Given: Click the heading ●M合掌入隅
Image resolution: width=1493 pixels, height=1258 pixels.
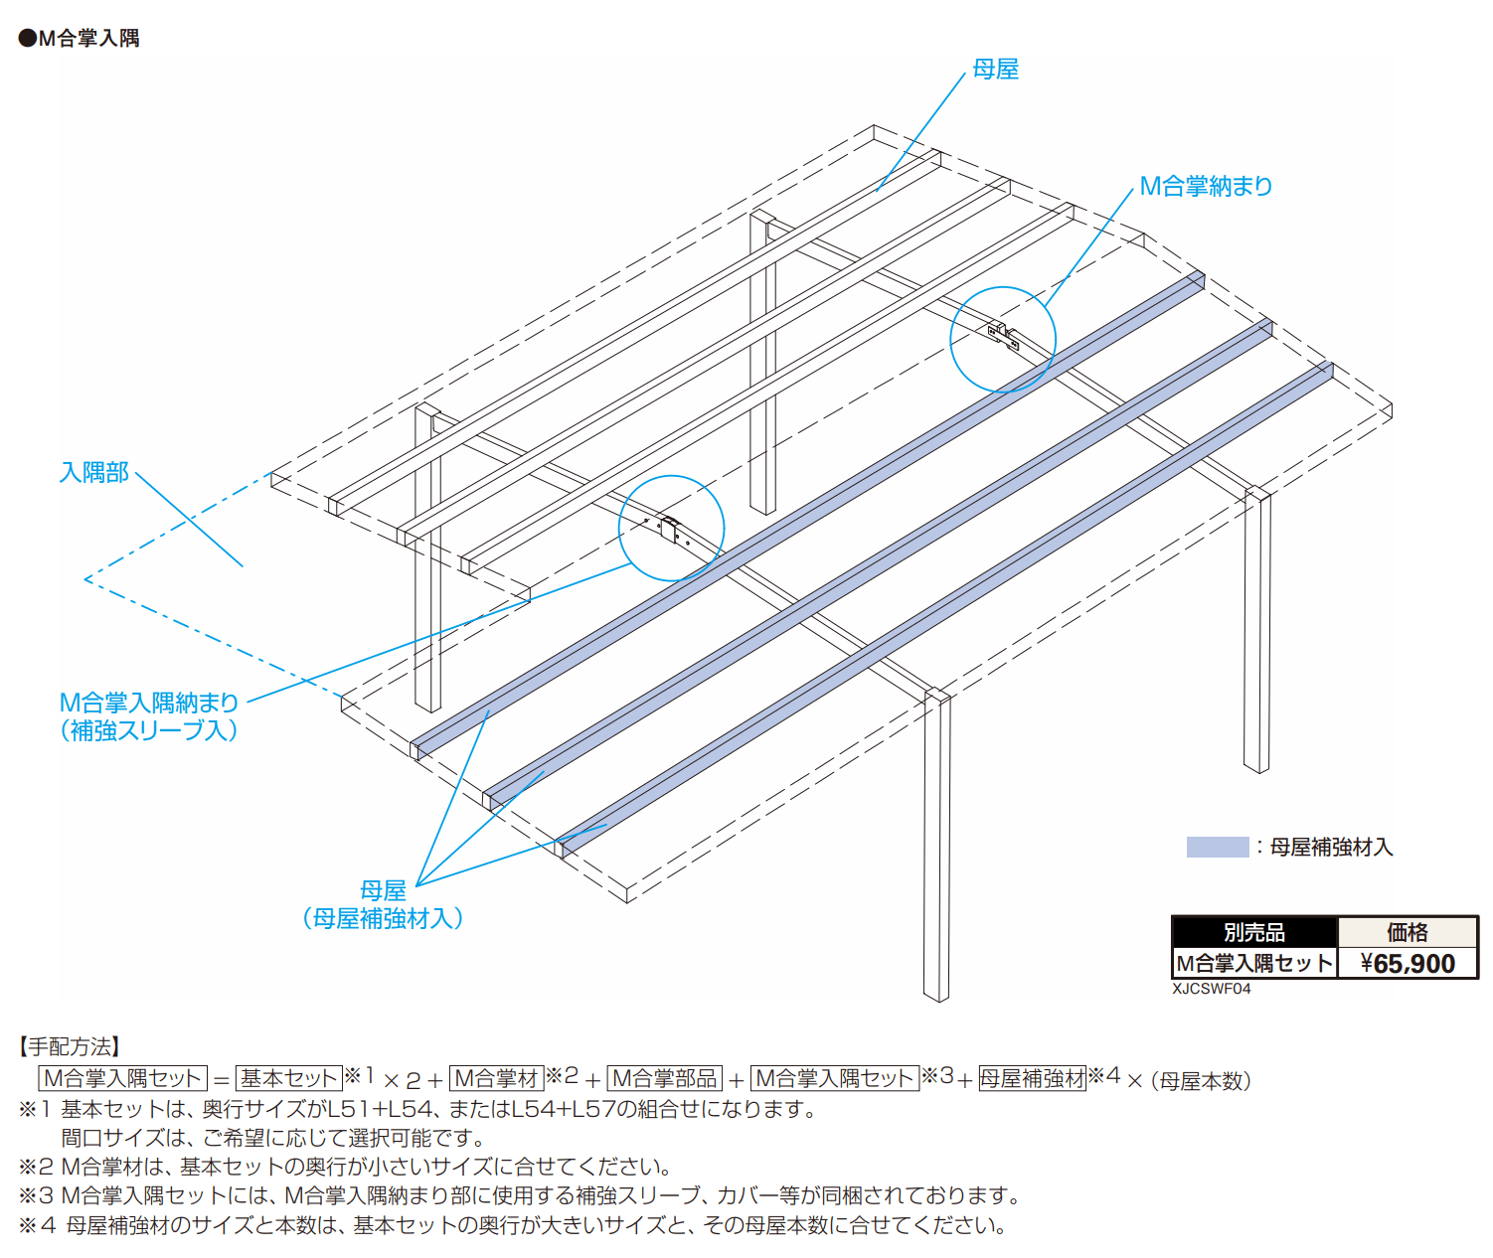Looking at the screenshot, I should tap(80, 38).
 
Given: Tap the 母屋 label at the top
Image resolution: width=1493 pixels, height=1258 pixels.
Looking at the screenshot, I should tap(995, 69).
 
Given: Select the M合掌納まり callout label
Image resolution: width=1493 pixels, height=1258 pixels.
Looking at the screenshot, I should tap(1205, 186).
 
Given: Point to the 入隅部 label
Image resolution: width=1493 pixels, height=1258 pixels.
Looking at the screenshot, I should tap(94, 472).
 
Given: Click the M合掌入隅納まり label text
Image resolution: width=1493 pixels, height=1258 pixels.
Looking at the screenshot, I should tap(149, 703).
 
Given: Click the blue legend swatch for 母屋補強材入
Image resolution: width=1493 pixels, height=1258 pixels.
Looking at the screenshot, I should tap(1217, 847).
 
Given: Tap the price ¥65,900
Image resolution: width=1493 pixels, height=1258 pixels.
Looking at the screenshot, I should tap(1407, 963).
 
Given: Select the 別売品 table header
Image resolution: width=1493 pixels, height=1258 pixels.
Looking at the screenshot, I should tap(1253, 932).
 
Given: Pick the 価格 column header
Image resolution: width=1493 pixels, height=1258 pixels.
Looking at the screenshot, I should tap(1407, 932).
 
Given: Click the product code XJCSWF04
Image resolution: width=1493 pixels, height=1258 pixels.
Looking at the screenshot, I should tap(1211, 989).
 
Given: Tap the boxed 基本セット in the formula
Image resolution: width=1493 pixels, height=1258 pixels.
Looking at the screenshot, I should tap(288, 1078).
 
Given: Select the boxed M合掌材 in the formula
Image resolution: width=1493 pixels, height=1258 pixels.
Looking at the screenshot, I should tap(496, 1078).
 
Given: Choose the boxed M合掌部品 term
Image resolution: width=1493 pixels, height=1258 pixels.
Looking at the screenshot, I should tap(664, 1078).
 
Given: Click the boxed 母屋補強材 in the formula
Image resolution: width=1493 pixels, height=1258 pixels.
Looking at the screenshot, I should tap(1032, 1078).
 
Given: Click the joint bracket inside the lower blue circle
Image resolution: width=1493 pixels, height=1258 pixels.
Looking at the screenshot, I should tap(671, 529).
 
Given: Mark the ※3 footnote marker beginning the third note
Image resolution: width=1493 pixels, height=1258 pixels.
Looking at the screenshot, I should tap(36, 1195).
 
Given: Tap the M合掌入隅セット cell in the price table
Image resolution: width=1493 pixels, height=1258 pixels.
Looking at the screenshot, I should tap(1253, 963).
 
